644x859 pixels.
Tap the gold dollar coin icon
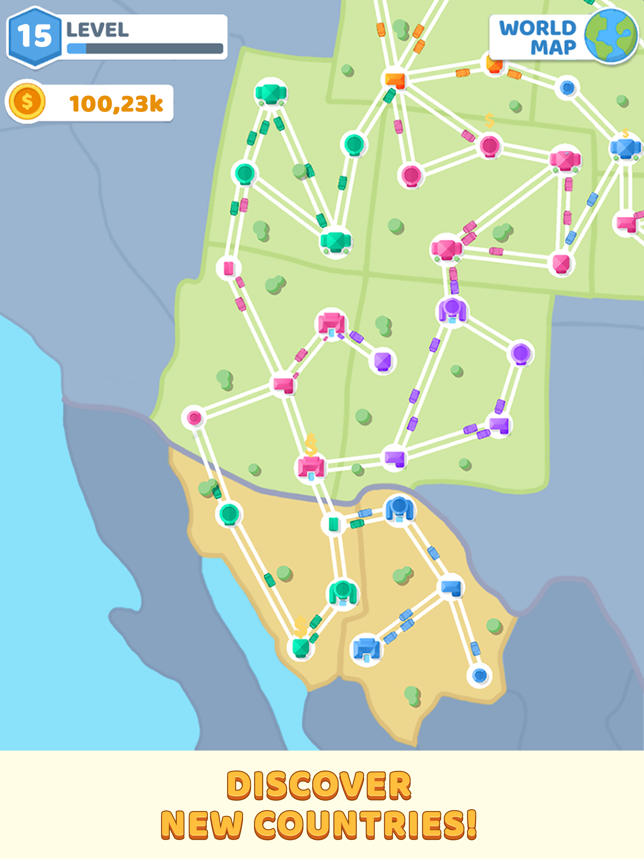tap(27, 102)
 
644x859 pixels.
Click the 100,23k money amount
tap(116, 104)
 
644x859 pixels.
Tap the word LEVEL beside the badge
tap(97, 30)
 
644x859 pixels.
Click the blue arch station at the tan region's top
tap(399, 509)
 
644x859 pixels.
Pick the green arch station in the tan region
tap(342, 593)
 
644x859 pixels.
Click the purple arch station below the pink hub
tap(452, 311)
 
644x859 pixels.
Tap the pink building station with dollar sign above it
tap(311, 467)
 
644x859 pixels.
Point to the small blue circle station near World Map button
tap(568, 88)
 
